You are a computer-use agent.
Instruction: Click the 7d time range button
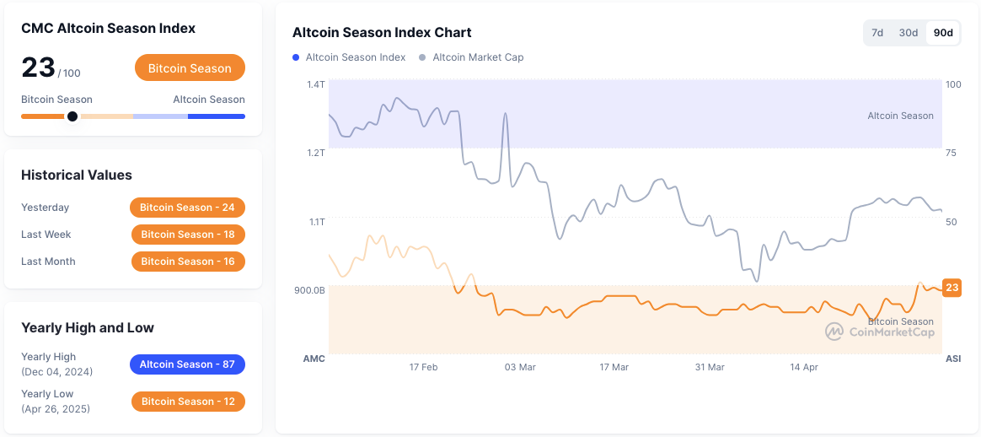click(x=877, y=33)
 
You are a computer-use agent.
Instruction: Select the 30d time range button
click(x=908, y=33)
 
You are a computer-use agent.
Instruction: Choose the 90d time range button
click(x=943, y=33)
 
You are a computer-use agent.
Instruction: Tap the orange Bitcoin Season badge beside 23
click(x=190, y=68)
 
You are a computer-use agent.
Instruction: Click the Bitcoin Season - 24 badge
click(x=187, y=208)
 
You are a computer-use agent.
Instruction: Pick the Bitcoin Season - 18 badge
click(x=188, y=235)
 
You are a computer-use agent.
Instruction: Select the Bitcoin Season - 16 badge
click(x=188, y=262)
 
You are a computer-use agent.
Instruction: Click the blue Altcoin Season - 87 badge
click(x=187, y=364)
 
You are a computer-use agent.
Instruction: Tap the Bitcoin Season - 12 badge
click(x=188, y=402)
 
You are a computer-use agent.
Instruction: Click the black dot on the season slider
click(x=72, y=116)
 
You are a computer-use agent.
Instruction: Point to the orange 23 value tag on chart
click(x=952, y=288)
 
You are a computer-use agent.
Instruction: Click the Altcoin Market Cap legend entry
click(x=477, y=57)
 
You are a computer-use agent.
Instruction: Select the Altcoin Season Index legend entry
click(x=355, y=57)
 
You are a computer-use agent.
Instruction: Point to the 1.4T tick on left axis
click(x=315, y=84)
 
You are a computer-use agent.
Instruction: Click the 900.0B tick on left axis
click(x=309, y=290)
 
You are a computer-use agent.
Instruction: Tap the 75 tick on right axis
click(x=952, y=153)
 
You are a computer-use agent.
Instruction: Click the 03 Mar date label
click(x=520, y=367)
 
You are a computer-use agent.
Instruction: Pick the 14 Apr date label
click(x=804, y=367)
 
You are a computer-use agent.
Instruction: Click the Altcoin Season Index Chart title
click(x=382, y=33)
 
